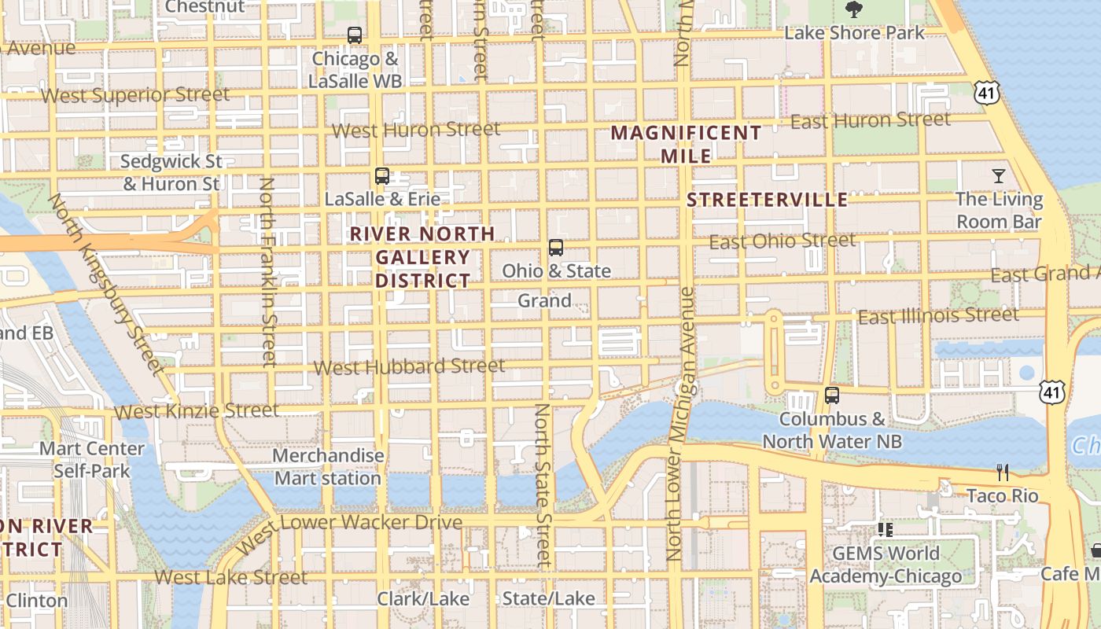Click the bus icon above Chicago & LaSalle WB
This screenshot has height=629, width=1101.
pyautogui.click(x=355, y=35)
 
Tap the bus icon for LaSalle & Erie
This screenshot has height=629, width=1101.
pyautogui.click(x=382, y=176)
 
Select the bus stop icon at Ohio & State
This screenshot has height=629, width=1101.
pyautogui.click(x=556, y=248)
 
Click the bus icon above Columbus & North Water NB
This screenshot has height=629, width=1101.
pyautogui.click(x=832, y=395)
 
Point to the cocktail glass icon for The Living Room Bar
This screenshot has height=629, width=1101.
pyautogui.click(x=999, y=175)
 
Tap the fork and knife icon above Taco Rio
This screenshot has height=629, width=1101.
pyautogui.click(x=1003, y=473)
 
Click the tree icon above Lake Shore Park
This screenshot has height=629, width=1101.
pyautogui.click(x=854, y=9)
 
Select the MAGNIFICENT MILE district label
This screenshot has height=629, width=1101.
pyautogui.click(x=687, y=144)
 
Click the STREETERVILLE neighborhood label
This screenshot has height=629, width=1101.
pyautogui.click(x=767, y=200)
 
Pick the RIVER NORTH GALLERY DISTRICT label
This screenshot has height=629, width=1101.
pyautogui.click(x=422, y=257)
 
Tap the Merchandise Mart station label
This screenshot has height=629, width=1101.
pyautogui.click(x=328, y=467)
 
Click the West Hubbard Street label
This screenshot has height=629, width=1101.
pyautogui.click(x=409, y=366)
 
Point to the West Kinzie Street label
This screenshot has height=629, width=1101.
pyautogui.click(x=196, y=410)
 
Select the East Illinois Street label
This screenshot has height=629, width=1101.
pyautogui.click(x=938, y=316)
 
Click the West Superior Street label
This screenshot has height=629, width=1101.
pyautogui.click(x=135, y=95)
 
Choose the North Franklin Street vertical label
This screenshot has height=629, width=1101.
pyautogui.click(x=268, y=272)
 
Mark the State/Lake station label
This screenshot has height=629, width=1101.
pyautogui.click(x=548, y=599)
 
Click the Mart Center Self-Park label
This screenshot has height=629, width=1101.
pyautogui.click(x=92, y=460)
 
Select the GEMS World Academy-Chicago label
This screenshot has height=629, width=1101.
pyautogui.click(x=886, y=565)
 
